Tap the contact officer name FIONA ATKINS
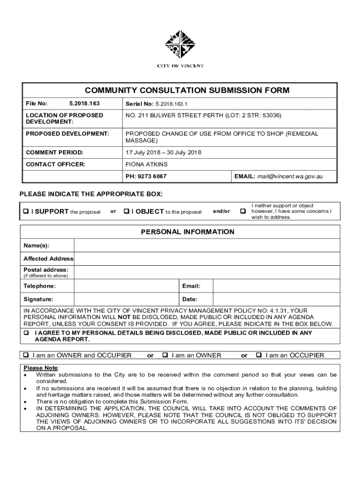[146, 165]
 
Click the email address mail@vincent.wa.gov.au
[290, 177]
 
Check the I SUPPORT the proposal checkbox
[26, 211]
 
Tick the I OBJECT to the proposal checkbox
[126, 211]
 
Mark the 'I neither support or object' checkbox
[243, 211]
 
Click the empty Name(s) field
[206, 246]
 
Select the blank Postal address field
[206, 272]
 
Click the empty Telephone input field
[126, 286]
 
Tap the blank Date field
[276, 299]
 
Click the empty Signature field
[126, 299]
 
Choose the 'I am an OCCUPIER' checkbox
[259, 356]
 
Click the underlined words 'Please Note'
[38, 368]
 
